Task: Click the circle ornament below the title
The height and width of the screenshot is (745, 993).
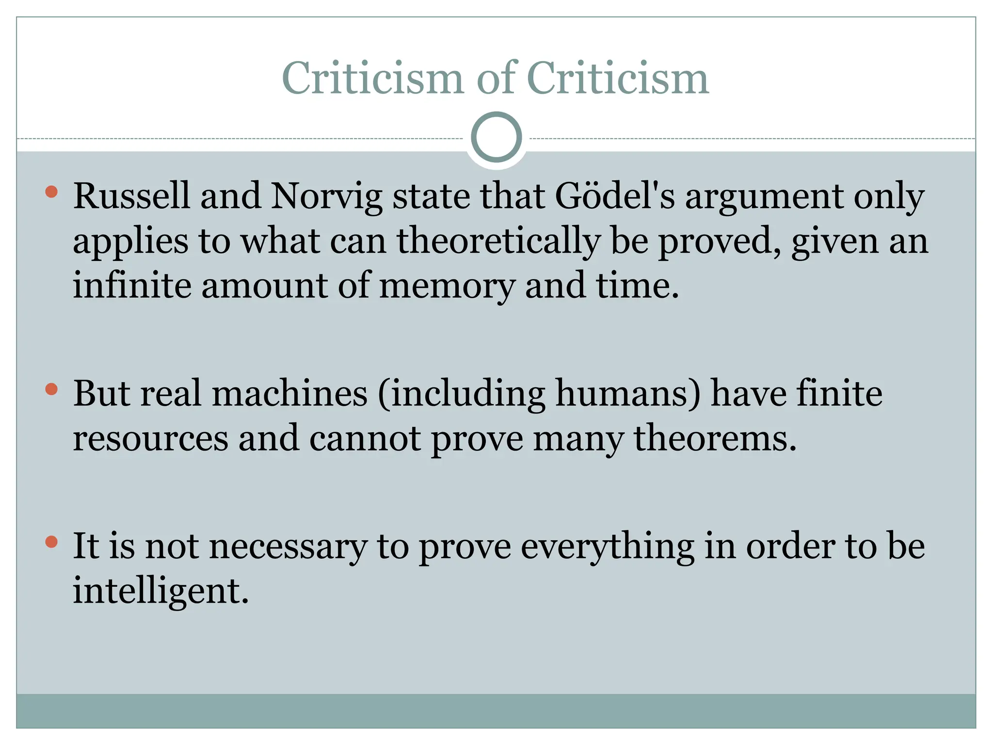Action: pos(496,137)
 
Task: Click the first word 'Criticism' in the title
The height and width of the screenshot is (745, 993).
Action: pos(372,79)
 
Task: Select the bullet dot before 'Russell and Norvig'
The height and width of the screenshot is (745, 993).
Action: pos(51,192)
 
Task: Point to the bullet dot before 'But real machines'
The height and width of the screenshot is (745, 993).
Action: pos(51,389)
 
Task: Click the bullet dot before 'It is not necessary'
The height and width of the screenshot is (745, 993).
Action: pos(51,542)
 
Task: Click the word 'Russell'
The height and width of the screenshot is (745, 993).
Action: pos(131,196)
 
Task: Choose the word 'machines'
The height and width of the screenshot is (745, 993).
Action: pos(289,393)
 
